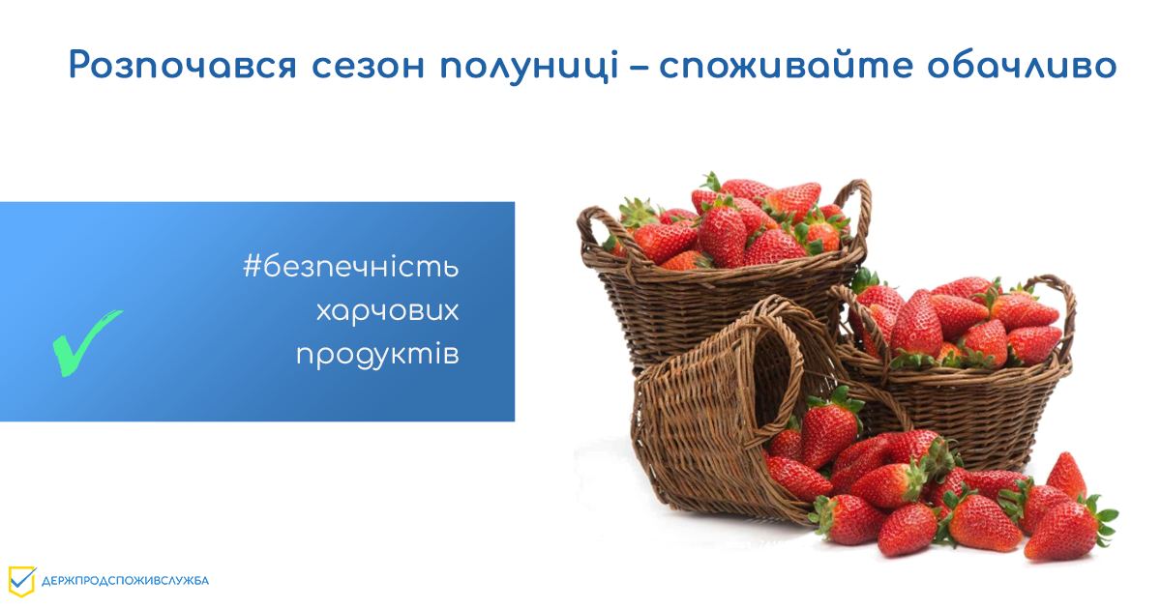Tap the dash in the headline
pyautogui.click(x=639, y=68)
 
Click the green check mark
pyautogui.click(x=84, y=341)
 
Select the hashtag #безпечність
pyautogui.click(x=350, y=268)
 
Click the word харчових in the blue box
pyautogui.click(x=387, y=311)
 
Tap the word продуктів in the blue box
pyautogui.click(x=377, y=355)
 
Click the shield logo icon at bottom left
pyautogui.click(x=21, y=580)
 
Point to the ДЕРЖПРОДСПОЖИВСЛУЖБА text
pyautogui.click(x=125, y=581)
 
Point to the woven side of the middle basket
pyautogui.click(x=967, y=406)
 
